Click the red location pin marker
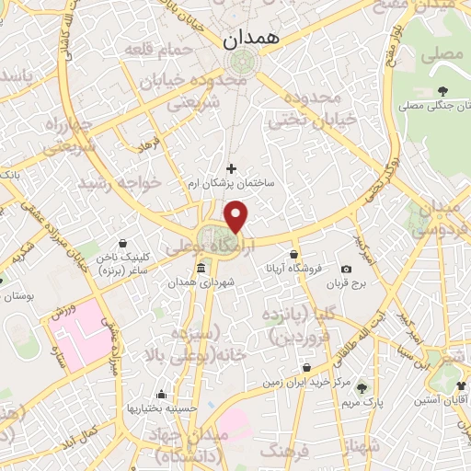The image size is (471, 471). click(237, 215)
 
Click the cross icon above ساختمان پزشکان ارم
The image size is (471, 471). click(231, 168)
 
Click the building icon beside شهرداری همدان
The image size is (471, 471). click(201, 268)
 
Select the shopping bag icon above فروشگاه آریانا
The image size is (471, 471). click(293, 254)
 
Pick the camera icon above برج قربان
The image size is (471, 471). click(346, 270)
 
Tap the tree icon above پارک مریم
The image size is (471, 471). click(361, 388)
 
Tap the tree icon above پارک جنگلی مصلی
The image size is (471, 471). click(443, 90)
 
